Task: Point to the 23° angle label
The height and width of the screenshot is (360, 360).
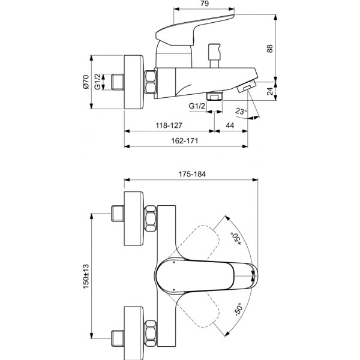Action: (x=241, y=112)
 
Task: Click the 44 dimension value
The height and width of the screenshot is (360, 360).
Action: (x=230, y=126)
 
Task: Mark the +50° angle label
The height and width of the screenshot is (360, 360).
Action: (x=236, y=236)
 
